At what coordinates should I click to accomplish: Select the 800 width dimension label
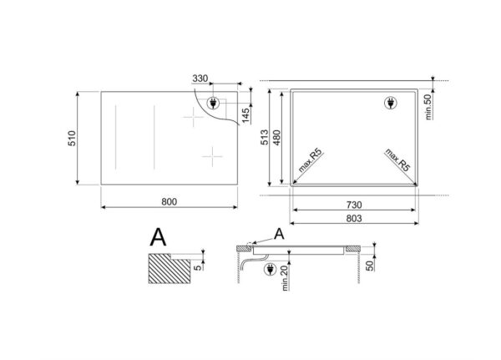point(170,203)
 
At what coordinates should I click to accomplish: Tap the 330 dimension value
point(200,79)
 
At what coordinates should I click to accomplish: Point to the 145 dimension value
point(246,114)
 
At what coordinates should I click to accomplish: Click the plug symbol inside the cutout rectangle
point(389,104)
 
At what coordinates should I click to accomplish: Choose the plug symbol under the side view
point(269,270)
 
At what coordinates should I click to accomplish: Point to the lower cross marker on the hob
point(214,155)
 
